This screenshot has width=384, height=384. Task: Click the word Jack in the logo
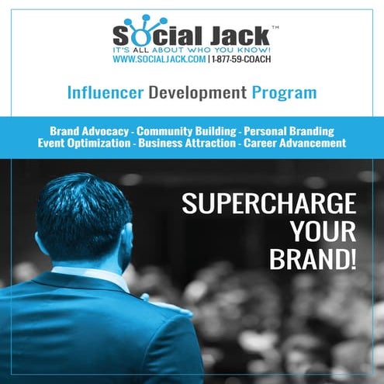tap(230, 36)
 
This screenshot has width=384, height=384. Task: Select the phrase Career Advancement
tap(292, 144)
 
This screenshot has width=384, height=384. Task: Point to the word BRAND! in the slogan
tap(313, 260)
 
